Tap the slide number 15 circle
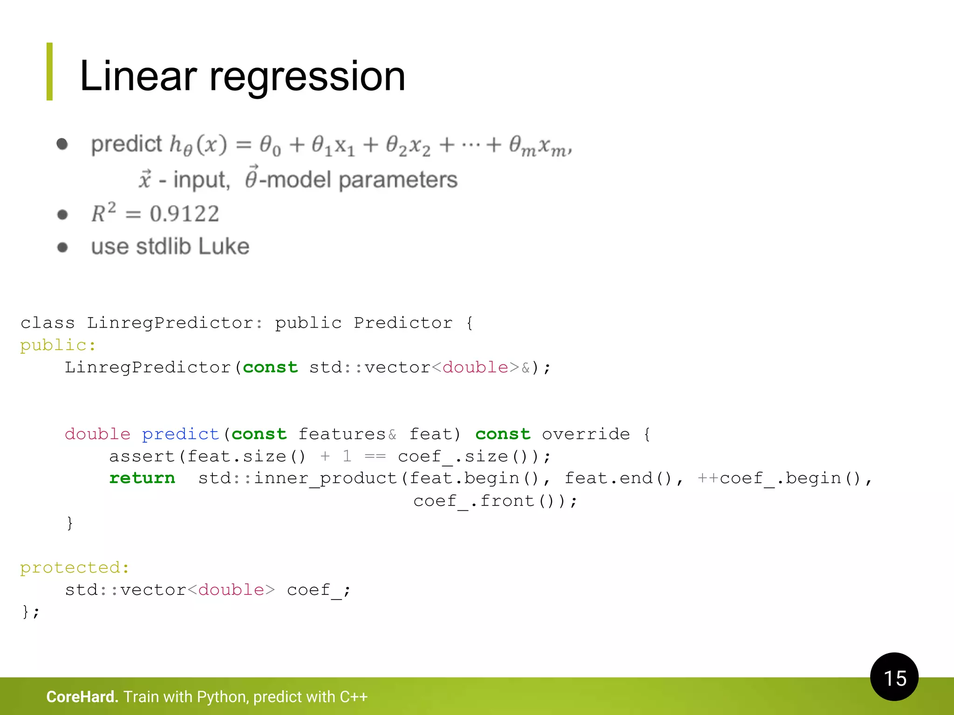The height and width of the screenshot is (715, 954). tap(894, 677)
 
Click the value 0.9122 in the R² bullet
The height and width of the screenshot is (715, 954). tap(184, 214)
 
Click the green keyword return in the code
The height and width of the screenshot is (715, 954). tap(142, 478)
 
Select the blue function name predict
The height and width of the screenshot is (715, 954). tap(180, 434)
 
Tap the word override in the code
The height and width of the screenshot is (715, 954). tap(586, 434)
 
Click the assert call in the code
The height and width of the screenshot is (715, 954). tap(142, 456)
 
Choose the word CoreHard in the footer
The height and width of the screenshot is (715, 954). tap(82, 697)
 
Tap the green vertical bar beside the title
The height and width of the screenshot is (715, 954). tap(49, 71)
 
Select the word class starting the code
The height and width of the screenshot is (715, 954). tap(48, 323)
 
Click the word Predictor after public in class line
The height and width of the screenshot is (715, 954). tap(403, 323)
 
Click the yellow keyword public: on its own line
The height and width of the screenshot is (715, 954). tap(58, 345)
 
